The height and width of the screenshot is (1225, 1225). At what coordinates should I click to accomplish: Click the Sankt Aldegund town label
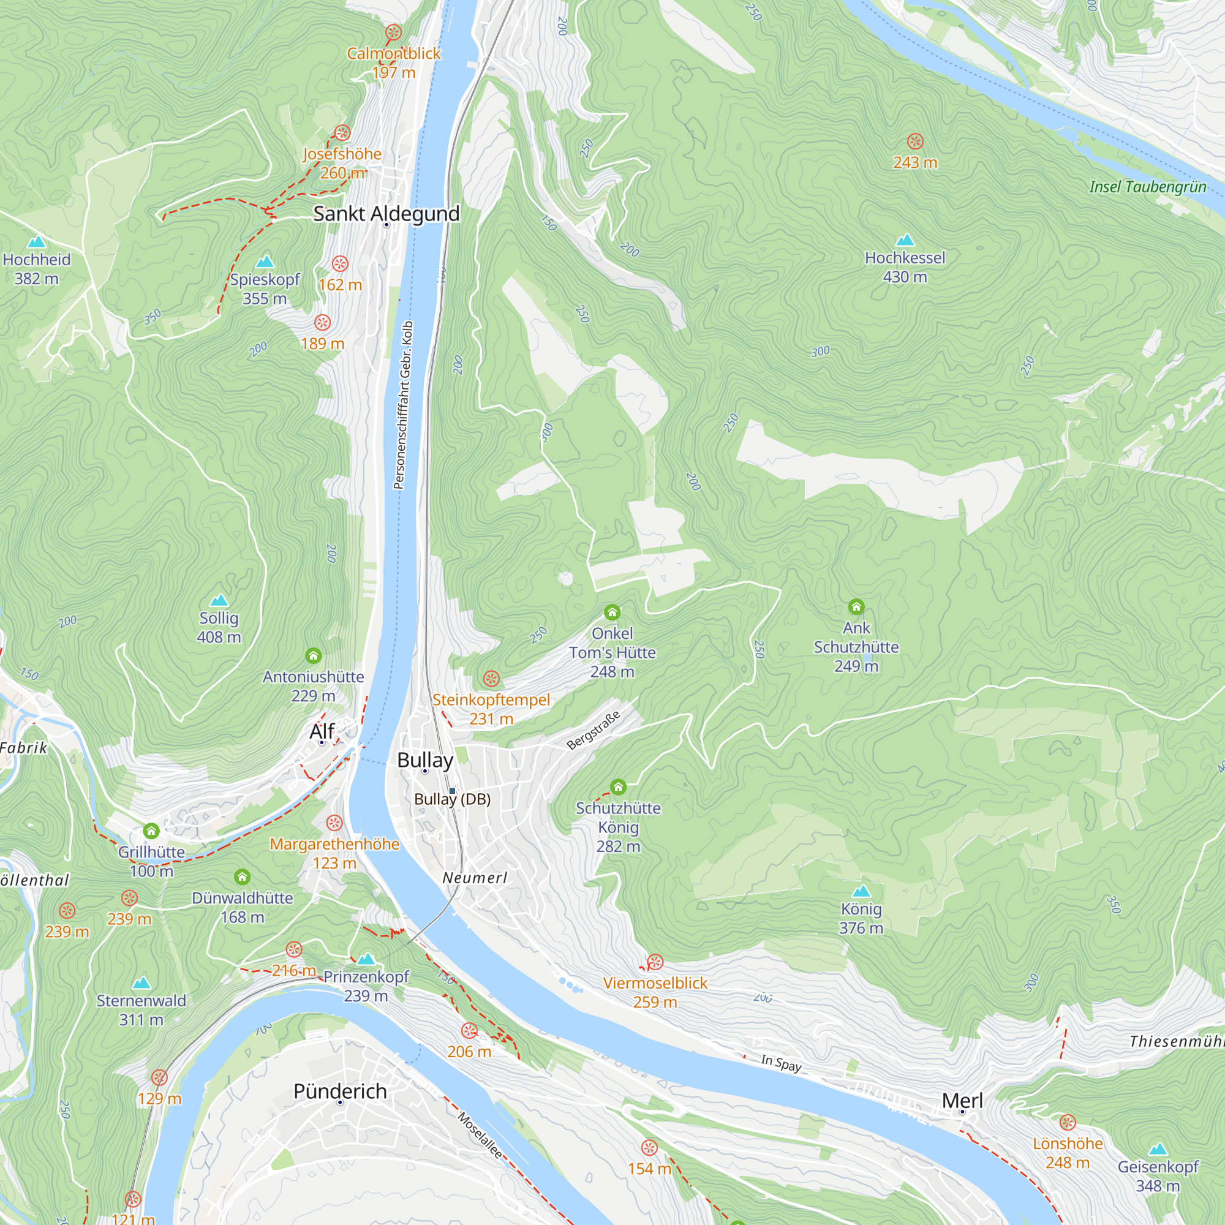386,214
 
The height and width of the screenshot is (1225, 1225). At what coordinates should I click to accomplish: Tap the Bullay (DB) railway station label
452,799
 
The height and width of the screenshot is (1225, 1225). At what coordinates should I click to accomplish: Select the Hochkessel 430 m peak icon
905,240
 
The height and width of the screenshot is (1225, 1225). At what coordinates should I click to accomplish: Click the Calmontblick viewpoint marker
394,32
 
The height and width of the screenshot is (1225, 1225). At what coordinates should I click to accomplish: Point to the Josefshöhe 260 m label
342,163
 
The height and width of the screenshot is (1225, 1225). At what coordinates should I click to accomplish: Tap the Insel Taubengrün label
1148,187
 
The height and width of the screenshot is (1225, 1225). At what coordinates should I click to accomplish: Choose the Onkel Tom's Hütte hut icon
612,612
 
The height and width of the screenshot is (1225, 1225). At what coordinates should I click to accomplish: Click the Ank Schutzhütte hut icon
856,607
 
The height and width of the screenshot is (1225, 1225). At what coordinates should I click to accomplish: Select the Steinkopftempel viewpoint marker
491,679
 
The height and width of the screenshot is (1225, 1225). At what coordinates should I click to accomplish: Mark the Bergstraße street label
593,731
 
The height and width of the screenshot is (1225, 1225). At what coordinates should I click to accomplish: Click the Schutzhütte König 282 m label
618,827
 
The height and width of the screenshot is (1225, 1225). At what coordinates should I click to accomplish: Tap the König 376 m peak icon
861,891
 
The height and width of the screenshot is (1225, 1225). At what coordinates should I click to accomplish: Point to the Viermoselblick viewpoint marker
655,962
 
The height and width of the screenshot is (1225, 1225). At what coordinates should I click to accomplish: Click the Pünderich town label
340,1091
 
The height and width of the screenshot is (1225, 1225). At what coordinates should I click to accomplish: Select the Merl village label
962,1101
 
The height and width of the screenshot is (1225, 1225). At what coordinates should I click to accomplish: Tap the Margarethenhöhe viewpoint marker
334,823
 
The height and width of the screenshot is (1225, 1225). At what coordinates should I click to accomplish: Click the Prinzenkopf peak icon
366,959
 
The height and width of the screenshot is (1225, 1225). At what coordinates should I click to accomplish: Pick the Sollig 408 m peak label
219,627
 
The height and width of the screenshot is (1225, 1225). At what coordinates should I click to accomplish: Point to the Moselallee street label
480,1136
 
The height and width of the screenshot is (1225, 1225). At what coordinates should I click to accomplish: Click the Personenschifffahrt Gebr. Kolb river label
403,406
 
